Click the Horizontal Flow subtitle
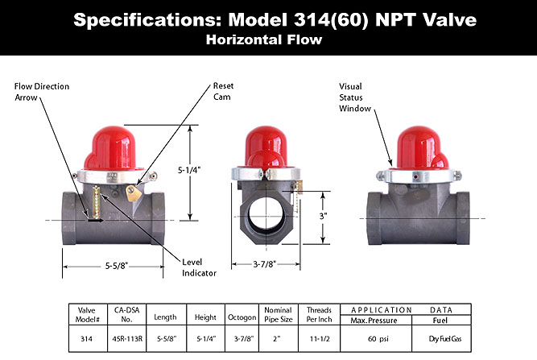[x=268, y=38]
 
